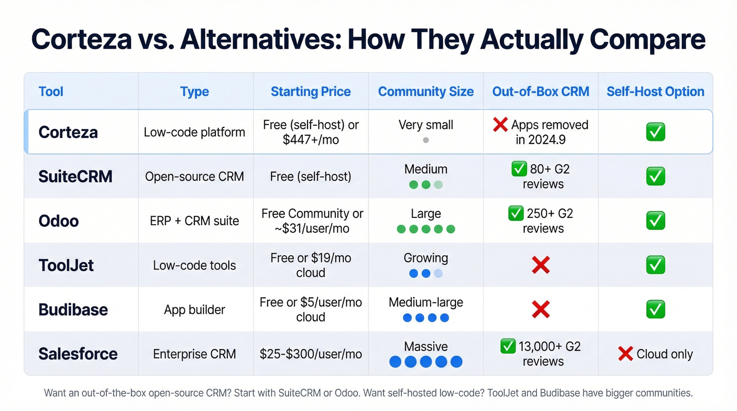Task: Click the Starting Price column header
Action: [x=311, y=92]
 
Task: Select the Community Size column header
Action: [x=426, y=92]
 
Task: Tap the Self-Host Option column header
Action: [x=655, y=92]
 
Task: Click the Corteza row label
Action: [x=68, y=132]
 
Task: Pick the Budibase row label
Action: [x=73, y=309]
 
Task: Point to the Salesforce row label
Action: [x=78, y=354]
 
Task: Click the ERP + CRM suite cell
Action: [x=195, y=220]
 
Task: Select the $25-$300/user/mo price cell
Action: [x=311, y=354]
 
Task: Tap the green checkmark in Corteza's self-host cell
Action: [x=655, y=132]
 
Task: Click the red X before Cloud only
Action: [x=625, y=354]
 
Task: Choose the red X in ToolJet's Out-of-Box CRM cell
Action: [x=541, y=265]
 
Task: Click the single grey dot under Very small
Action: [x=426, y=141]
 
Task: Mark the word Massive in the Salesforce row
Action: [x=426, y=347]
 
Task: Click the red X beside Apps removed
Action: [x=500, y=125]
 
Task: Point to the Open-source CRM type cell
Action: [x=195, y=176]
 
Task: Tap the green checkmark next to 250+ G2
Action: [x=515, y=214]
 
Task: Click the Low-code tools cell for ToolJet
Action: [x=195, y=265]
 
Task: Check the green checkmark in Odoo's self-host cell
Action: [x=655, y=220]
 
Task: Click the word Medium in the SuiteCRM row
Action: [x=426, y=169]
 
